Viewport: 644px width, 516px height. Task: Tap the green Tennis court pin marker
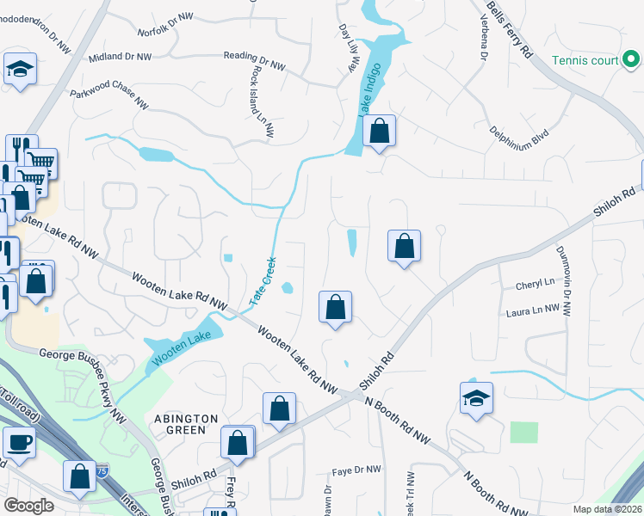point(632,59)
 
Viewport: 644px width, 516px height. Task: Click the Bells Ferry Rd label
point(509,28)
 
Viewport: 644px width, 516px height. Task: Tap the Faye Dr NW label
point(357,470)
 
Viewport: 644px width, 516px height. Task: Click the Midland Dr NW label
point(120,57)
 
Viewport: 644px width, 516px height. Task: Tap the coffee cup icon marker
point(19,442)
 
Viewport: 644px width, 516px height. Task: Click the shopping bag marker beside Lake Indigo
point(379,132)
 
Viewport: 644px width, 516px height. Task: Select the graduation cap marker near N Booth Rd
point(476,397)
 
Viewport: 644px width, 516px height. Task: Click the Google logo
point(28,506)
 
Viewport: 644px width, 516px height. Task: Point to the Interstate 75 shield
point(102,470)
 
